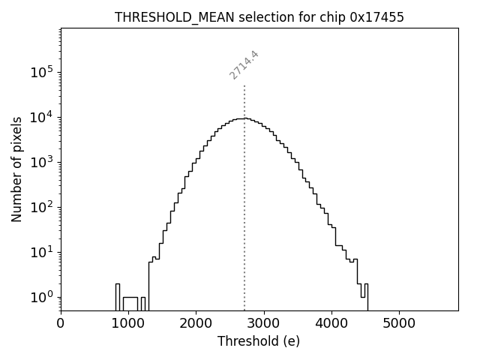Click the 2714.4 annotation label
click(244, 65)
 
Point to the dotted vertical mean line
click(244, 187)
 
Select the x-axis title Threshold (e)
click(259, 341)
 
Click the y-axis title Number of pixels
click(16, 169)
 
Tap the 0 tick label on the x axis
click(61, 323)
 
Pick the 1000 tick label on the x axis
click(128, 323)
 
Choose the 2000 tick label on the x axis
click(196, 323)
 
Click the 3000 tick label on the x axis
click(263, 323)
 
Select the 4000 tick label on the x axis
click(331, 323)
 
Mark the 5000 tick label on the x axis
click(398, 323)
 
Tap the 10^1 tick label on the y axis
click(40, 252)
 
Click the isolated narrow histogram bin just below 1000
click(118, 296)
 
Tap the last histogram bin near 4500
click(365, 296)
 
